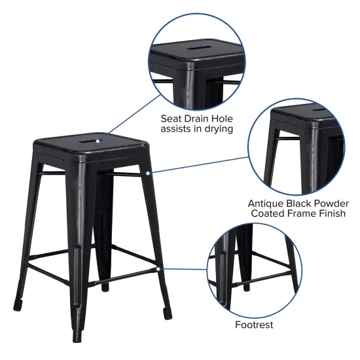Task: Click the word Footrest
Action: (254, 325)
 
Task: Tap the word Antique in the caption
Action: (266, 203)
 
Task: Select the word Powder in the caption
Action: (327, 203)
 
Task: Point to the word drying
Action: (217, 129)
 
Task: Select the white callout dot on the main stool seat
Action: (98, 139)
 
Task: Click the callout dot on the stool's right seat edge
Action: (149, 173)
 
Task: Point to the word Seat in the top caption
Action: (172, 118)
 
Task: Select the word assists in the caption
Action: (176, 129)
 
